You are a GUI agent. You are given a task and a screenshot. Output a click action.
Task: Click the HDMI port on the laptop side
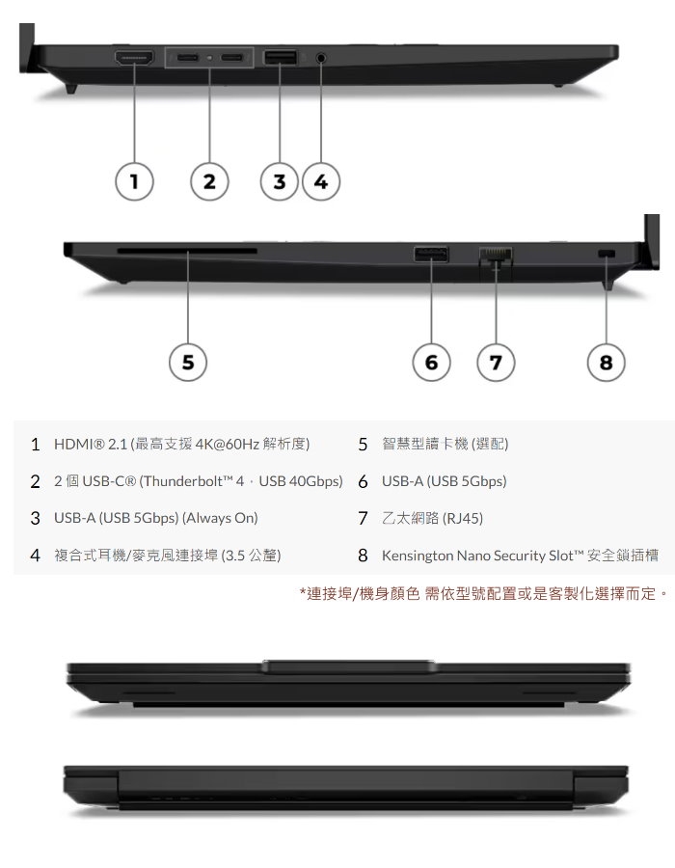[x=134, y=58]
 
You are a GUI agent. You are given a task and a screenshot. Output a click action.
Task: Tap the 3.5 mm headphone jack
[x=320, y=57]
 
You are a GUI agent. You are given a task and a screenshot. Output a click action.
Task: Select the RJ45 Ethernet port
[x=496, y=256]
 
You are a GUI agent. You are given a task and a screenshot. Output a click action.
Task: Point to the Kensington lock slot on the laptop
[x=607, y=254]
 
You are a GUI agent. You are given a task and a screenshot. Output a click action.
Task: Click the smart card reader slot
[x=187, y=252]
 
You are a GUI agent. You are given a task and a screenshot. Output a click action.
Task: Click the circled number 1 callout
[x=134, y=181]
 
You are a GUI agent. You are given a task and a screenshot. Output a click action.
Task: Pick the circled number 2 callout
[x=209, y=181]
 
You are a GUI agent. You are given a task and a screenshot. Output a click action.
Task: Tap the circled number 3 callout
[x=280, y=181]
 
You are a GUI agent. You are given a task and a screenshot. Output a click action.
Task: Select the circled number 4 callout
[x=321, y=181]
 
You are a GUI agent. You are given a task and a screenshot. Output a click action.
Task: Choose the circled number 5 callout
[x=188, y=363]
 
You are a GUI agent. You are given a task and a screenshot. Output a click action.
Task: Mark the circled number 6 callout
[x=432, y=363]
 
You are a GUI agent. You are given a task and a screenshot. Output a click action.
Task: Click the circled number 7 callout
[x=496, y=363]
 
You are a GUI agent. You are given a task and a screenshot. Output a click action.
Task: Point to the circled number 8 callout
[x=607, y=363]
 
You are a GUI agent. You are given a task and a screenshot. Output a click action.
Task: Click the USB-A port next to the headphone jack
[x=280, y=57]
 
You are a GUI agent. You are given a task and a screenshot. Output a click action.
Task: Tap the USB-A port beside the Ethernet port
[x=432, y=255]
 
